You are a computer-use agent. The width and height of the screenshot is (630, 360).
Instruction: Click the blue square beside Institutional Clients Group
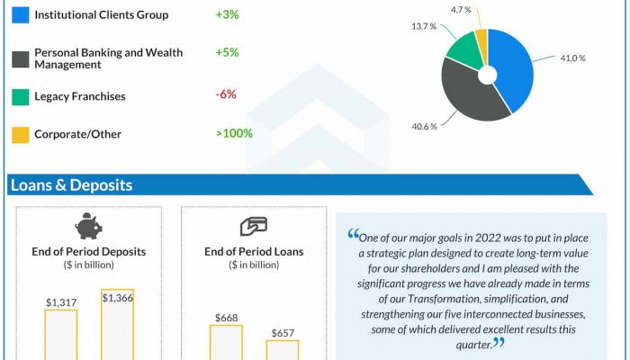pyautogui.click(x=18, y=15)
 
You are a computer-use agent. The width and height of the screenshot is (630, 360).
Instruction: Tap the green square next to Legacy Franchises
pyautogui.click(x=18, y=96)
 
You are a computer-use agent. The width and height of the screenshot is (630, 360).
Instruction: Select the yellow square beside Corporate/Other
pyautogui.click(x=18, y=134)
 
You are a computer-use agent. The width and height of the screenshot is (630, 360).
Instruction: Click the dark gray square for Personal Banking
pyautogui.click(x=18, y=58)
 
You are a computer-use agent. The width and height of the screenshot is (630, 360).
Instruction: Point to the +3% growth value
pyautogui.click(x=226, y=15)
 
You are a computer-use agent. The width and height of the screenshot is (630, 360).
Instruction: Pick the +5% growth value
pyautogui.click(x=227, y=52)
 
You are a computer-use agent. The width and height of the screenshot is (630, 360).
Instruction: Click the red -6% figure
pyautogui.click(x=226, y=96)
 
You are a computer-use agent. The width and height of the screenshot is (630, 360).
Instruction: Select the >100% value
pyautogui.click(x=234, y=134)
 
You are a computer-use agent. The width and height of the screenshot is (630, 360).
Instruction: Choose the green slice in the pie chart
pyautogui.click(x=463, y=49)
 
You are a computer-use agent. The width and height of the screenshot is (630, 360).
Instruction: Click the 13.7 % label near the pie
pyautogui.click(x=424, y=28)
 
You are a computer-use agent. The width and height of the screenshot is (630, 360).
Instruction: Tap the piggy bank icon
pyautogui.click(x=89, y=225)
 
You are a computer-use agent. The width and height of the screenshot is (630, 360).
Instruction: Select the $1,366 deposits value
pyautogui.click(x=117, y=298)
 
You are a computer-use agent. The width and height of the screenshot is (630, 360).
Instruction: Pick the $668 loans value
pyautogui.click(x=226, y=318)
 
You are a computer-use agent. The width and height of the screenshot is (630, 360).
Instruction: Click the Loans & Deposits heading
pyautogui.click(x=71, y=185)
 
